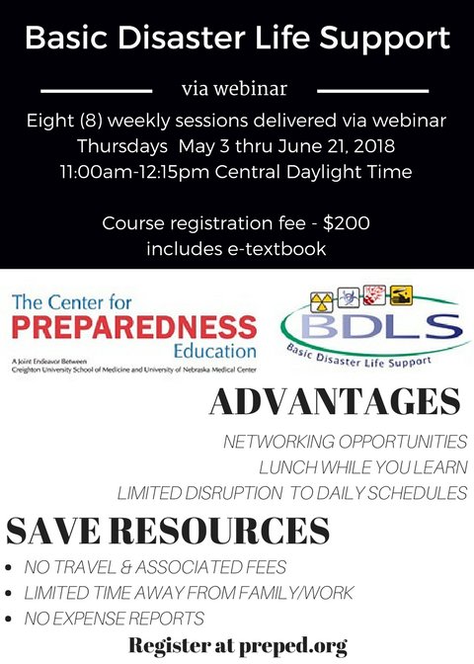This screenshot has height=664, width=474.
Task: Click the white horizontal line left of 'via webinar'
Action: (x=94, y=89)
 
